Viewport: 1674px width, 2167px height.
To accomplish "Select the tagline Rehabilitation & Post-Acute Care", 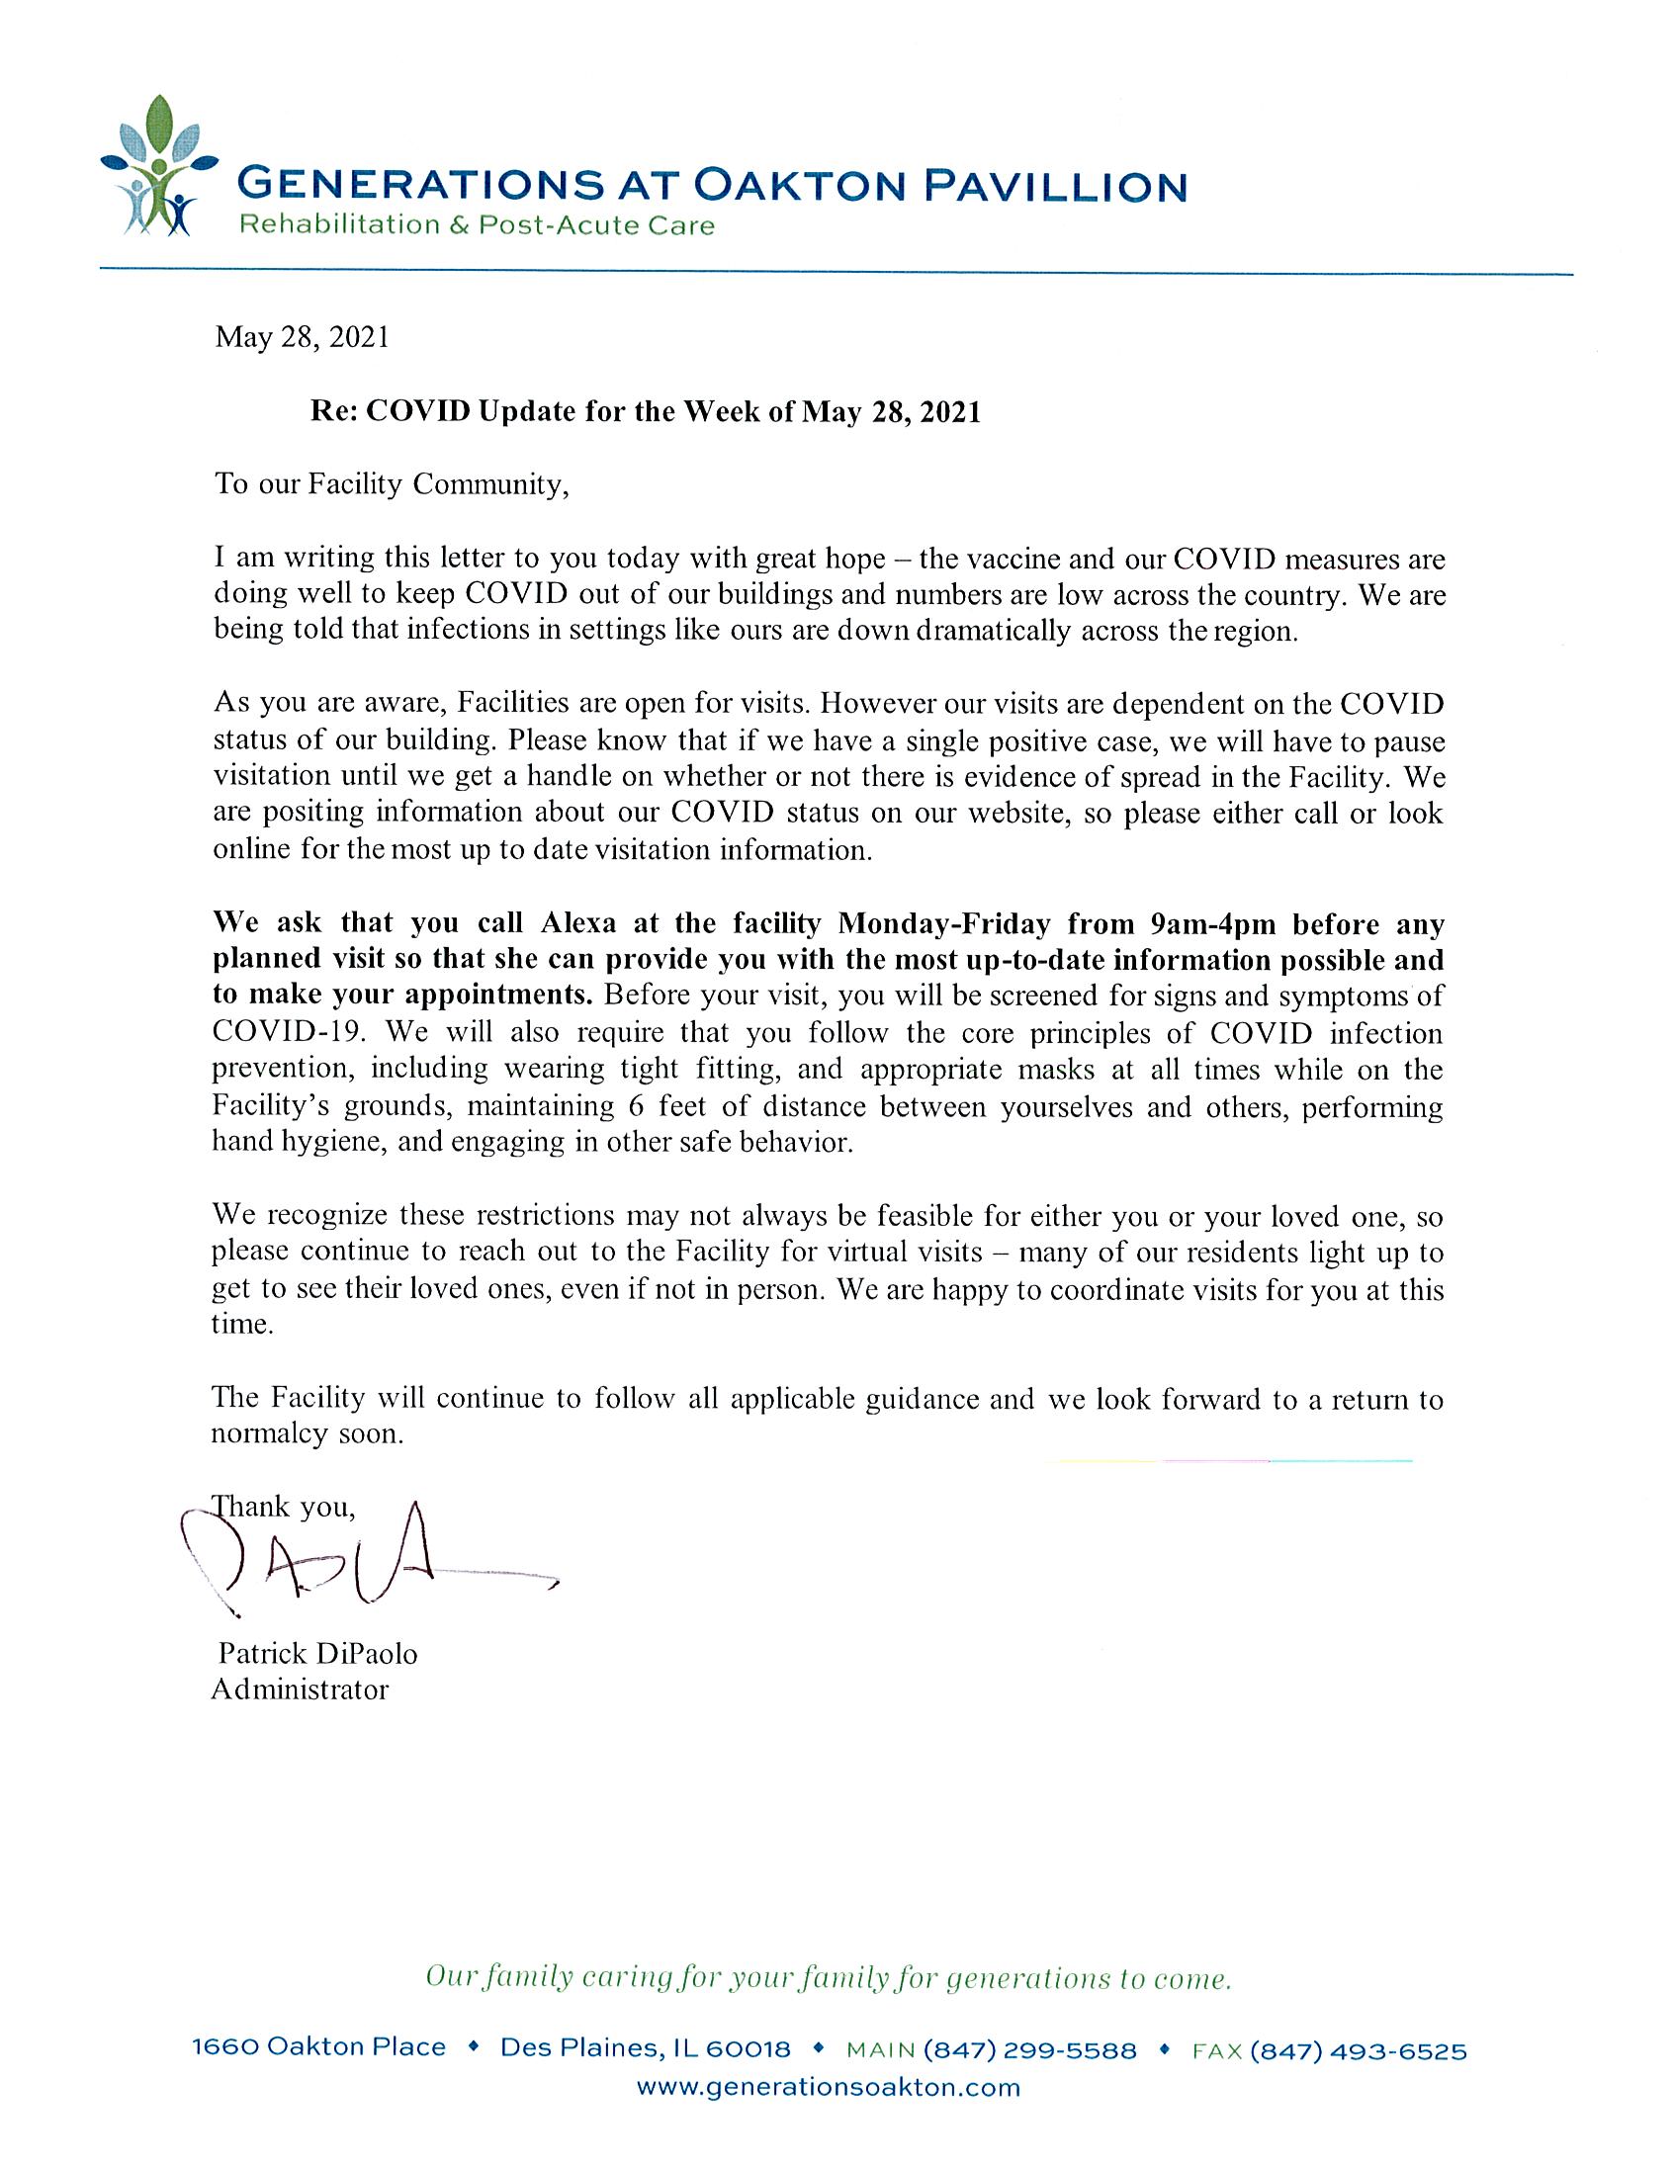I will (x=477, y=225).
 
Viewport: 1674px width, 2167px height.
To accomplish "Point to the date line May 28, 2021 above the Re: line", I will (x=302, y=337).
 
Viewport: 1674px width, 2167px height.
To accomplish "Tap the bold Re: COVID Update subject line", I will (x=645, y=412).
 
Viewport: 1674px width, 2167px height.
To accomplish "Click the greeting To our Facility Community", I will (x=392, y=484).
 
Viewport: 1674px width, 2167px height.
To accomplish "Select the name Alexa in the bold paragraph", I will (x=578, y=923).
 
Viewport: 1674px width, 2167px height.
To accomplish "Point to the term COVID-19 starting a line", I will (x=289, y=1032).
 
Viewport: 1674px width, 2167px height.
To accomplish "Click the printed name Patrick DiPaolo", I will (x=317, y=1653).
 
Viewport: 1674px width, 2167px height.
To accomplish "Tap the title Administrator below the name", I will (x=300, y=1689).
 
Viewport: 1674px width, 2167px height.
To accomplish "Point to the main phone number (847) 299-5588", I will (x=1029, y=2050).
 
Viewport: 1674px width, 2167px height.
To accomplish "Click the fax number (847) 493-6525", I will (x=1358, y=2050).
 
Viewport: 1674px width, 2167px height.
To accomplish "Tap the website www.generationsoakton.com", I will (x=828, y=2087).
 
